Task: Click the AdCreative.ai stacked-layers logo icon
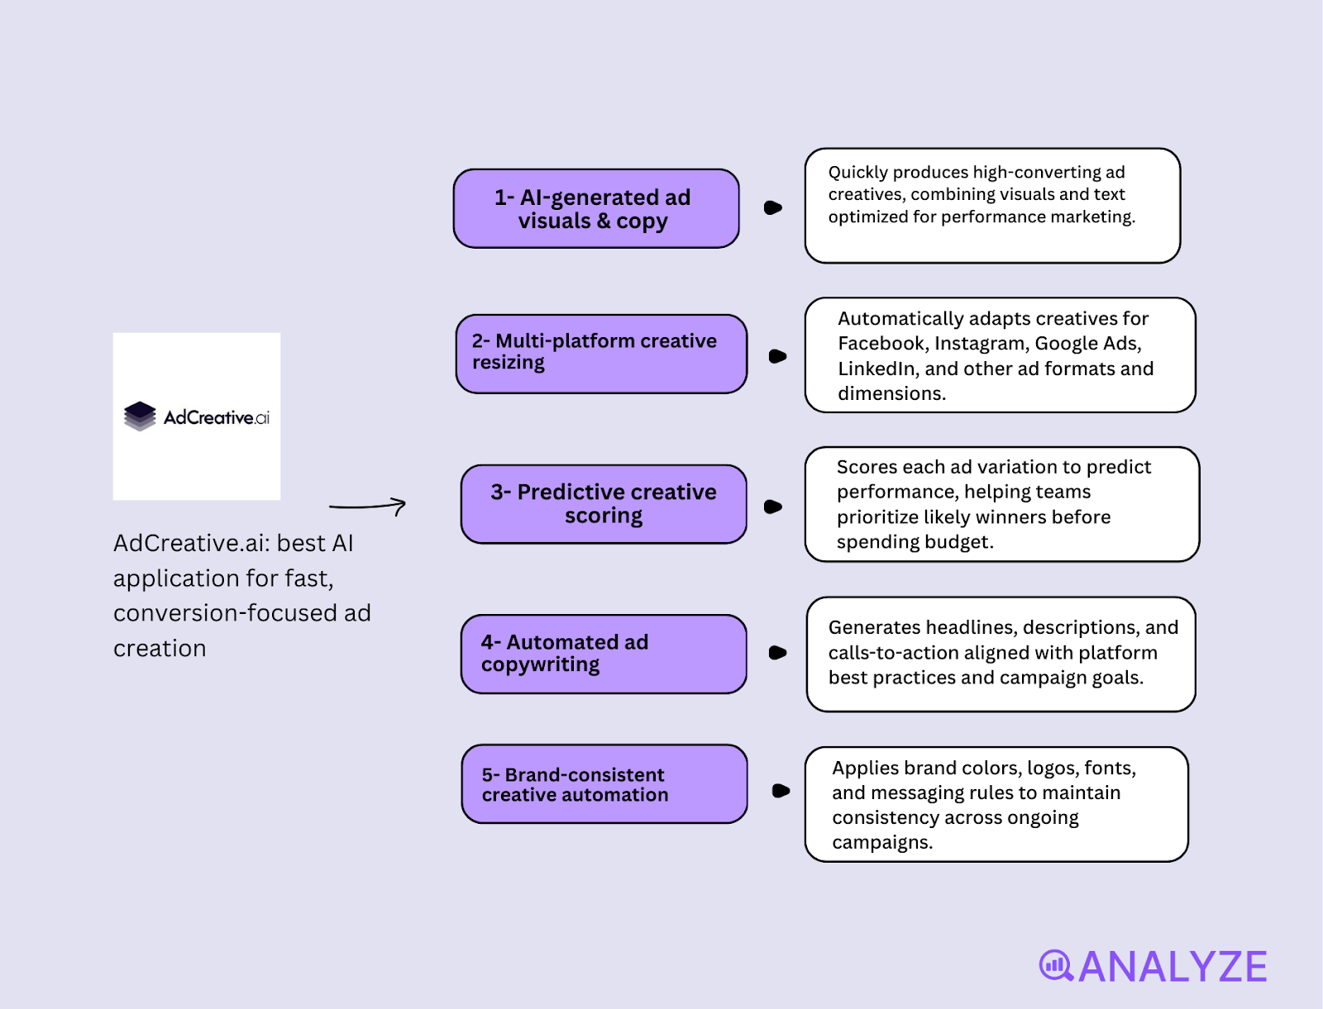(x=140, y=416)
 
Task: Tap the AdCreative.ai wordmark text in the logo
(x=216, y=417)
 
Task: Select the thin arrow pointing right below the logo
(x=368, y=506)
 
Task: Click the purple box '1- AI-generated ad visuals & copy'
(x=595, y=208)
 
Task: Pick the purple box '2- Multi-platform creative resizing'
(x=601, y=354)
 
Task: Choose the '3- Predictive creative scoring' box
(x=604, y=504)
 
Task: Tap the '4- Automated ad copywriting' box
(x=604, y=654)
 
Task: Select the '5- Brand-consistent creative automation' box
(x=604, y=784)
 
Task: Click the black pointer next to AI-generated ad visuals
(x=773, y=207)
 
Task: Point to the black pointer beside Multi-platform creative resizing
(x=777, y=356)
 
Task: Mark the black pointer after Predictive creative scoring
(x=773, y=507)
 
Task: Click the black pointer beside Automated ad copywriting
(x=777, y=653)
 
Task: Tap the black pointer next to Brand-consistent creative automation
(x=781, y=791)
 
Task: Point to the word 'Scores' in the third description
(x=867, y=467)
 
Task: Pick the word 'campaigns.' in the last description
(x=882, y=843)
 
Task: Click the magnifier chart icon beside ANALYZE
(x=1056, y=965)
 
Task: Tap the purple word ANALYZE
(x=1173, y=967)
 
